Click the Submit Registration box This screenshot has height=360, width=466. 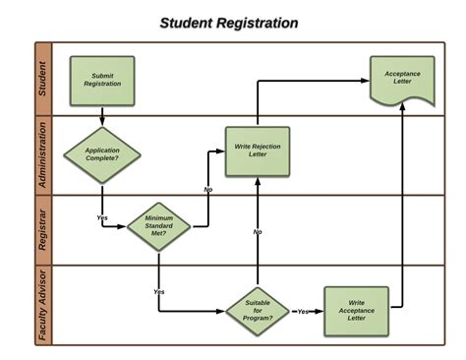(x=102, y=81)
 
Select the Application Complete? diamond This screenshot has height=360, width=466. (x=102, y=154)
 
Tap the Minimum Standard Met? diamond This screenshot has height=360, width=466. (x=158, y=226)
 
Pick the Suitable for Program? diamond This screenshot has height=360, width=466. (x=257, y=311)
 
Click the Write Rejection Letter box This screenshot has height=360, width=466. (x=257, y=151)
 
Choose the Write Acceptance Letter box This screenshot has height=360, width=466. (x=355, y=311)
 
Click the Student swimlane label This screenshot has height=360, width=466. (x=42, y=79)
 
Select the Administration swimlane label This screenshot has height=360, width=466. (x=42, y=154)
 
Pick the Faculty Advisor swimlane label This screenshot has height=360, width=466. (x=42, y=305)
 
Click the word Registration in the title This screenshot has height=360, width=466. (x=253, y=23)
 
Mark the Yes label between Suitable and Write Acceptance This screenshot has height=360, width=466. (x=304, y=312)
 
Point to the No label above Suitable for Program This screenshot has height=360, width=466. (x=258, y=232)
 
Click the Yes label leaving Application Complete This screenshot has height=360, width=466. (x=102, y=216)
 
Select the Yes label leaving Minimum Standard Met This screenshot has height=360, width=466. (x=159, y=292)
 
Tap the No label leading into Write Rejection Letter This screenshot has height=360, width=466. (x=208, y=189)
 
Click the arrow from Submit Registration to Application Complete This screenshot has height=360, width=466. (x=102, y=114)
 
